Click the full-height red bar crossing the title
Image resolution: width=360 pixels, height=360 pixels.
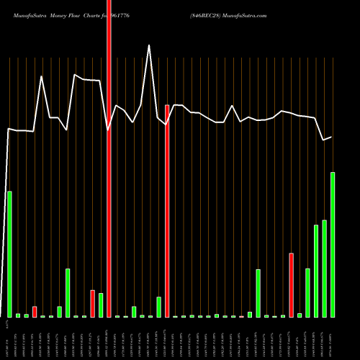click(x=109, y=158)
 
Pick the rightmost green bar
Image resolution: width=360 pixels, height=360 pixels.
click(x=333, y=245)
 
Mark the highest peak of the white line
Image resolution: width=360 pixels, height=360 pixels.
click(x=150, y=45)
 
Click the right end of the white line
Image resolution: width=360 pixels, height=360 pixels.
click(x=331, y=137)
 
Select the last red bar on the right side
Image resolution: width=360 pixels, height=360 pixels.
click(x=291, y=285)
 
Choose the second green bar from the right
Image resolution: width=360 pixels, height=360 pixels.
click(x=324, y=269)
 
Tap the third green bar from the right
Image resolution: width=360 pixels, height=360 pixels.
click(x=316, y=271)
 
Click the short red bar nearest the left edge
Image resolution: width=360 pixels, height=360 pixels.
click(x=35, y=312)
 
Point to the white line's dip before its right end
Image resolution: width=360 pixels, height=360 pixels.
click(x=324, y=140)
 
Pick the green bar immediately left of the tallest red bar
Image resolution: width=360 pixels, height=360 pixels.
click(x=101, y=305)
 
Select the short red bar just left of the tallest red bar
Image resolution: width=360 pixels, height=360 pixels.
click(x=92, y=303)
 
